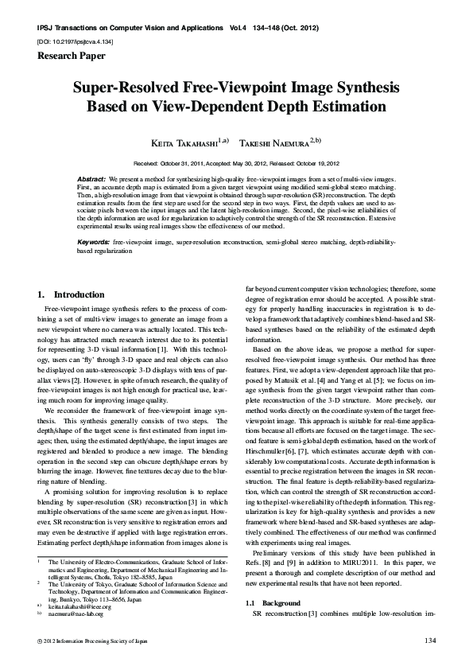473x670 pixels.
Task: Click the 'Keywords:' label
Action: pyautogui.click(x=94, y=240)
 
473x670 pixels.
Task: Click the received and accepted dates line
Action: pyautogui.click(x=236, y=160)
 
